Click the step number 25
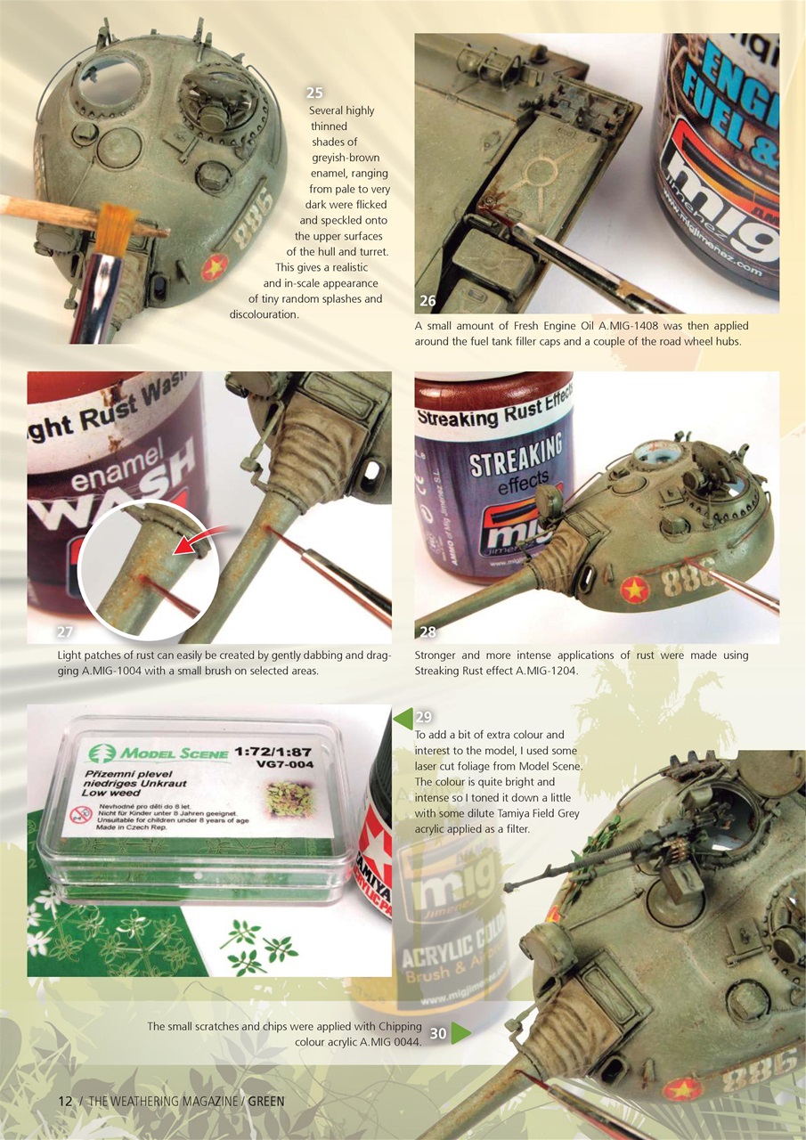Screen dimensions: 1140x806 tap(313, 93)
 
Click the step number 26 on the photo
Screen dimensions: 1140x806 tap(427, 300)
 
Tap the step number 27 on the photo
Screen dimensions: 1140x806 tap(63, 632)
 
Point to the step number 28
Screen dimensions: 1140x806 tap(427, 632)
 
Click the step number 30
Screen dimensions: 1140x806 tap(438, 1034)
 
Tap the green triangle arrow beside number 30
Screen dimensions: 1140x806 tap(460, 1033)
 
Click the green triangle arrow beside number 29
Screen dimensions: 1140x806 tap(403, 718)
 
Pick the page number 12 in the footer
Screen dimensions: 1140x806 tap(65, 1102)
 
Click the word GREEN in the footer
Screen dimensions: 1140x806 tap(266, 1102)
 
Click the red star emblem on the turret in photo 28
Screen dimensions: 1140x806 tap(634, 589)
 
